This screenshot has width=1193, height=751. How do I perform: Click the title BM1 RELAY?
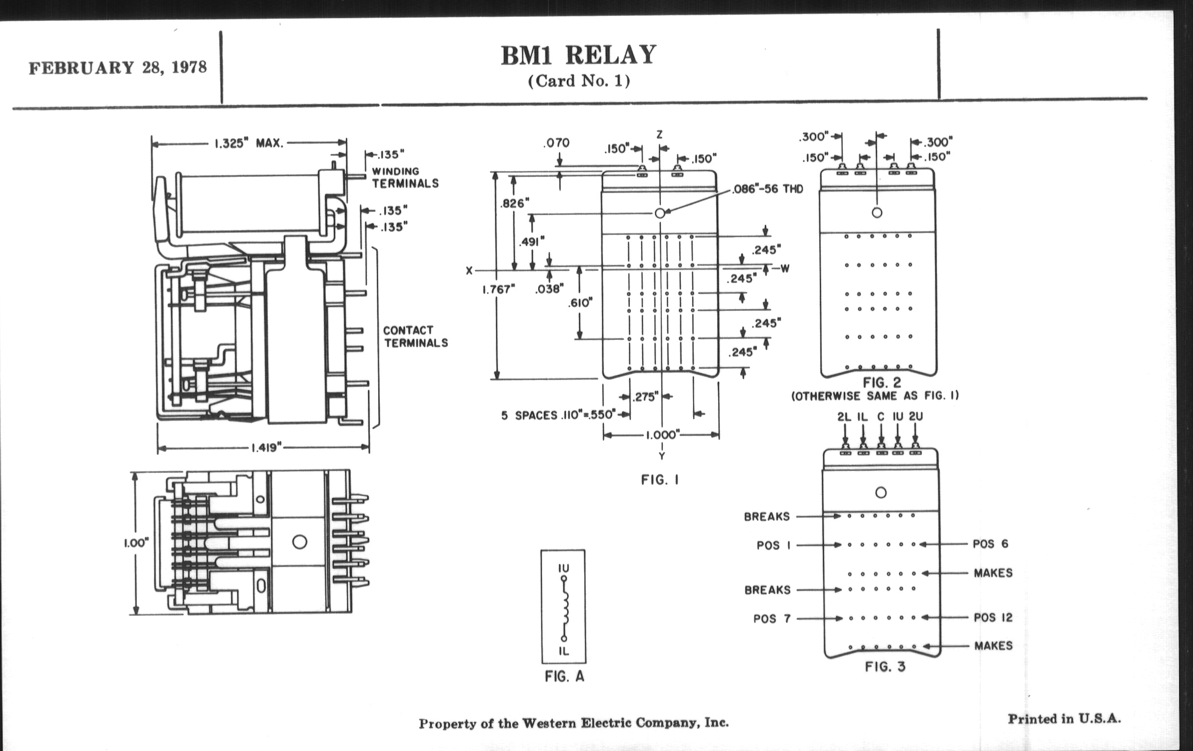click(578, 55)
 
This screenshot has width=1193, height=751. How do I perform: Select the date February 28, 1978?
click(117, 67)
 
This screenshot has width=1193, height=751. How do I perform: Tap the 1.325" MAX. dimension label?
click(249, 143)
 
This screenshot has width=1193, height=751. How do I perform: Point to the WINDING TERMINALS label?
click(405, 178)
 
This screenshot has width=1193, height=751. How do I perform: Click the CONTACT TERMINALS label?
click(415, 337)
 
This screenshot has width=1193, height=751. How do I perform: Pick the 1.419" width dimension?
click(266, 448)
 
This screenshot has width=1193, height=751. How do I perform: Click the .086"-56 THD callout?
click(767, 189)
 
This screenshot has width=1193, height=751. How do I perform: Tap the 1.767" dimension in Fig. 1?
click(498, 290)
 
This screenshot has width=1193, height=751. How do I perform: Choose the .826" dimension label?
click(515, 203)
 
